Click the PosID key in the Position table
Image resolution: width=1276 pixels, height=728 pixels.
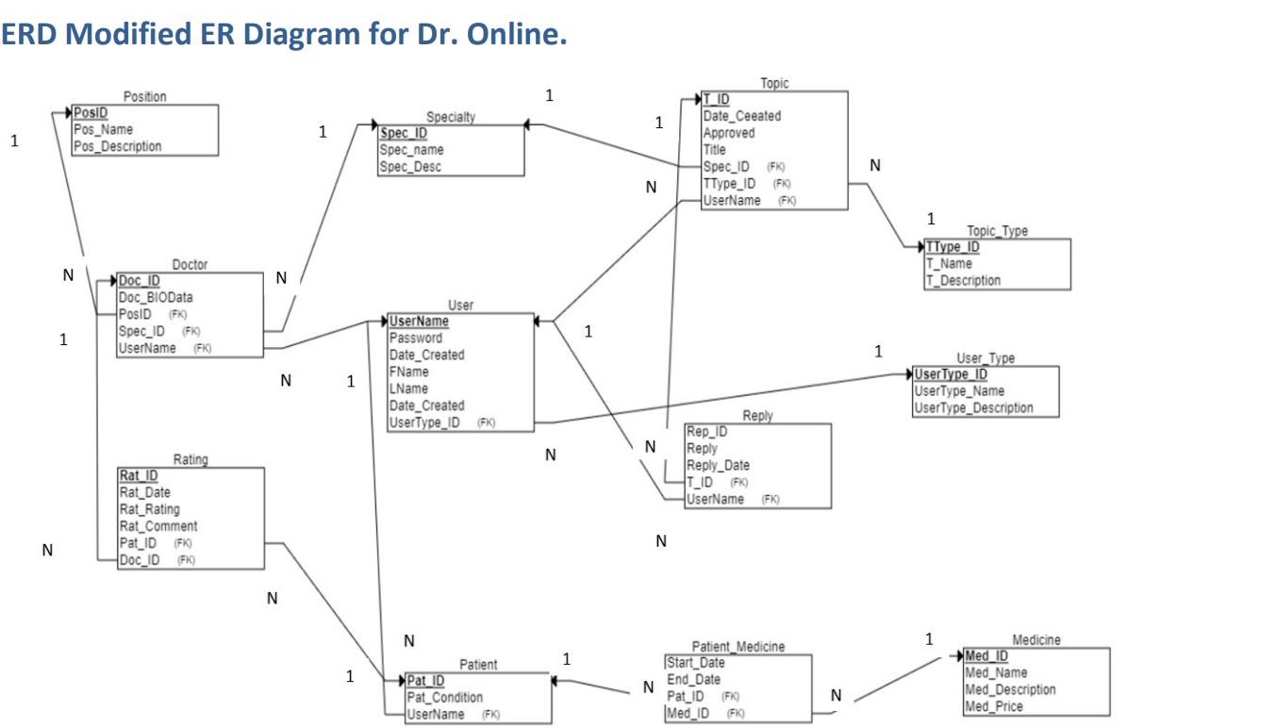point(91,112)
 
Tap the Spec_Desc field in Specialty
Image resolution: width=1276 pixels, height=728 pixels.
point(410,167)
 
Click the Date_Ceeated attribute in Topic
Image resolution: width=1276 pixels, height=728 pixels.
point(741,116)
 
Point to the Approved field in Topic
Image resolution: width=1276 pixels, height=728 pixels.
point(728,133)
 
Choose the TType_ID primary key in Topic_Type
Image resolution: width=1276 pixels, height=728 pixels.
point(953,247)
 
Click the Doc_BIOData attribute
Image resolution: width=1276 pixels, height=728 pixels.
point(156,298)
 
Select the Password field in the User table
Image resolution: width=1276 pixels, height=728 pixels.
point(415,338)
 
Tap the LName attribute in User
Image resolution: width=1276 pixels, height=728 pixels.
point(408,389)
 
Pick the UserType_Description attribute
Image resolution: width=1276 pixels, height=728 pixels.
point(973,408)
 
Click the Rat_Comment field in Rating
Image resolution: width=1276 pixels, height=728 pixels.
point(158,526)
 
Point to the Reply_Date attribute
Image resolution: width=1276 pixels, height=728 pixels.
point(718,466)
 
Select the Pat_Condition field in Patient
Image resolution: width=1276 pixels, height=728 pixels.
point(444,698)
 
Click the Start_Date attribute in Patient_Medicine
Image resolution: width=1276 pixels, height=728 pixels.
point(696,663)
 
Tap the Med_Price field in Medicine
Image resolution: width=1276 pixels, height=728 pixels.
point(994,706)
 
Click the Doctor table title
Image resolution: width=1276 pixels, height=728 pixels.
point(190,265)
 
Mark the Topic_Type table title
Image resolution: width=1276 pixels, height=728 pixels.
point(997,231)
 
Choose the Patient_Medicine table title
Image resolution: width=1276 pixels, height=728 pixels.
point(737,647)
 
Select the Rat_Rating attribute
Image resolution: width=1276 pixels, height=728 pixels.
point(151,509)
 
